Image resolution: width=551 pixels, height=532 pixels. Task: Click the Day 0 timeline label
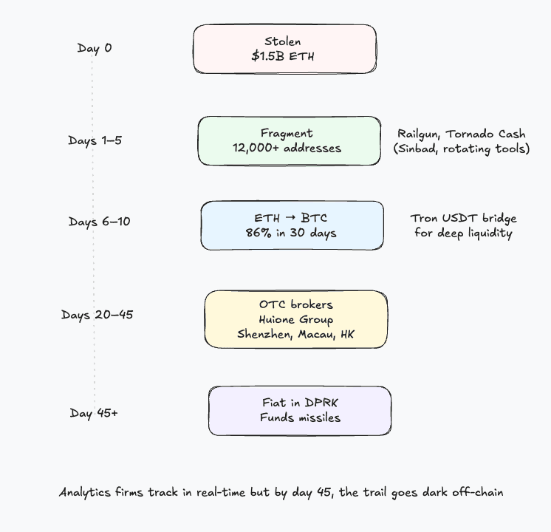click(95, 48)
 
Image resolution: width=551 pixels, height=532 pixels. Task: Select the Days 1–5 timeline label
click(95, 140)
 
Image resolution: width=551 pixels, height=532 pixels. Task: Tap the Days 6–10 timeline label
click(99, 222)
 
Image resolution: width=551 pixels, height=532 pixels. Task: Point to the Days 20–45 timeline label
click(97, 315)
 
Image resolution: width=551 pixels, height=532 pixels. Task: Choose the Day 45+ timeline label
click(94, 413)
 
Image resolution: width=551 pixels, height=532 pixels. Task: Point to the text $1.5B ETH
click(284, 56)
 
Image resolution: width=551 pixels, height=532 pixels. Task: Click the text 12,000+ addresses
click(287, 148)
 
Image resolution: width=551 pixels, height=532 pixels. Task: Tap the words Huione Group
click(295, 319)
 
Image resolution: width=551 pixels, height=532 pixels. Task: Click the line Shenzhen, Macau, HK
click(295, 334)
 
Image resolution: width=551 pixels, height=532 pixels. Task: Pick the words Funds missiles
click(300, 417)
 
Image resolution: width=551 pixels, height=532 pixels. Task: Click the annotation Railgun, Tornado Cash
click(462, 134)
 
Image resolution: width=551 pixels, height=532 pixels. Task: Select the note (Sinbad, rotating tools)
click(462, 149)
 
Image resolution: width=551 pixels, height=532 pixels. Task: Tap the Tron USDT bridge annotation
click(463, 219)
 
